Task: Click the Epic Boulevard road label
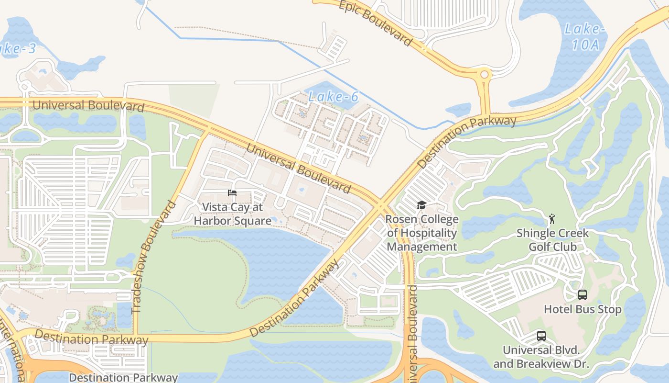click(375, 23)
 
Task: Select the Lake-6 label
click(333, 97)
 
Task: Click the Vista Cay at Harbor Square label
click(232, 214)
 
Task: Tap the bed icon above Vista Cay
click(232, 193)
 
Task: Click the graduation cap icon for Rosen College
click(421, 205)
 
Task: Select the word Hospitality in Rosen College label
click(422, 233)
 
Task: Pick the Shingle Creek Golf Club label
click(552, 240)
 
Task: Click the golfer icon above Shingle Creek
click(552, 219)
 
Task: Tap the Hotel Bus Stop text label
click(583, 309)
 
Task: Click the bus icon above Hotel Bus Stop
click(582, 295)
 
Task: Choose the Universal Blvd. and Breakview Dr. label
click(541, 357)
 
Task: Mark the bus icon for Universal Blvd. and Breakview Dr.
click(541, 336)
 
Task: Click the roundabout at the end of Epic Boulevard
click(485, 75)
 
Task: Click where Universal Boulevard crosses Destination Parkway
click(381, 204)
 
